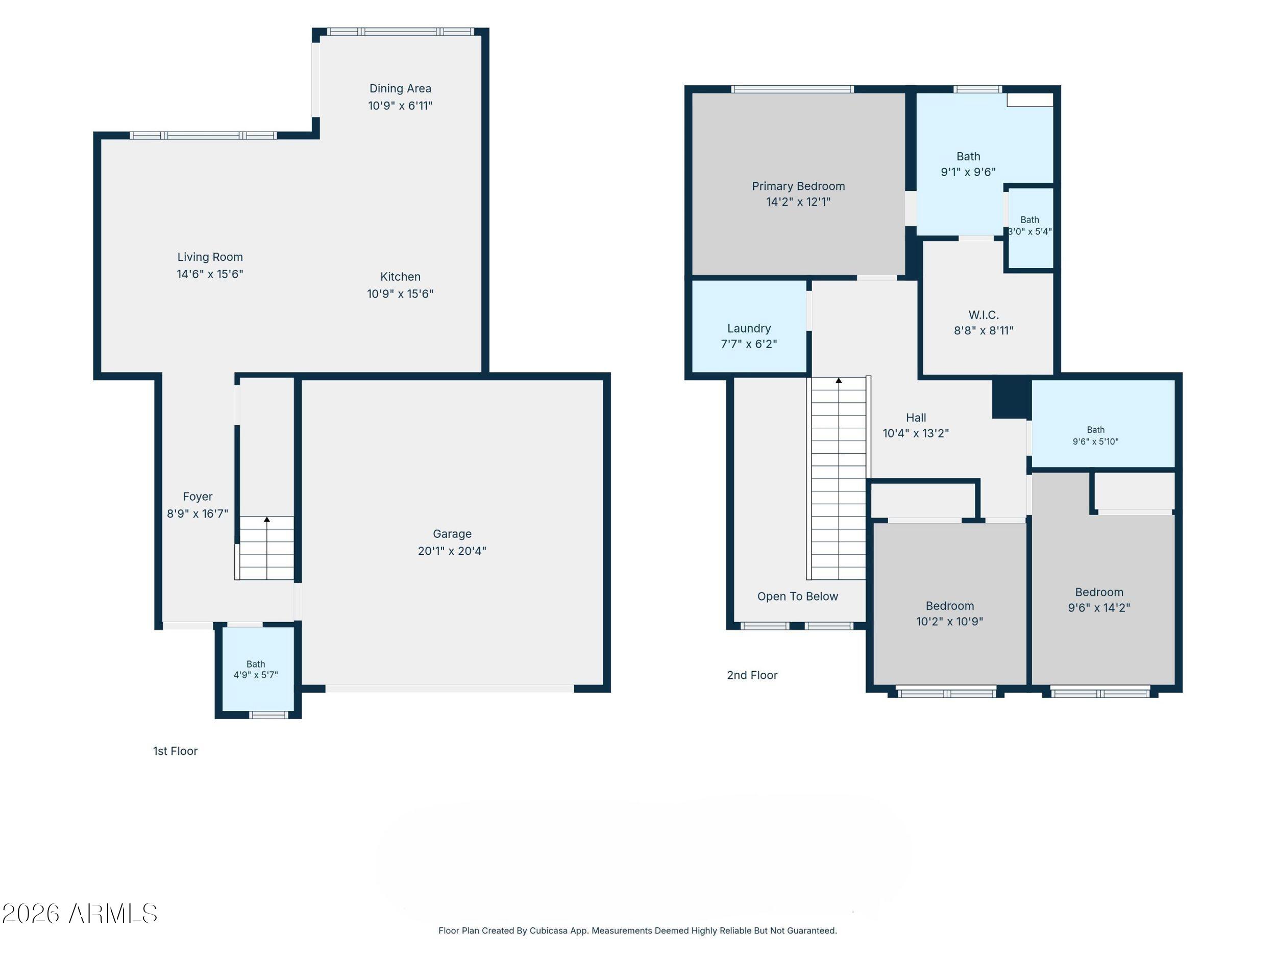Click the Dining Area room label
click(x=400, y=88)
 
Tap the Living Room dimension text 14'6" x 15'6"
click(x=210, y=274)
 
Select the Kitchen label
click(x=400, y=277)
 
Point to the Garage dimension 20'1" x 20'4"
click(x=452, y=551)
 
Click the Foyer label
click(x=198, y=497)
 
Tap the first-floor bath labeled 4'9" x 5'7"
click(x=256, y=669)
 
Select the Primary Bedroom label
click(x=798, y=186)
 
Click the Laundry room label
click(x=749, y=328)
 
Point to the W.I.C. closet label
click(x=984, y=315)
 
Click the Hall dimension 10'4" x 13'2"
click(x=916, y=433)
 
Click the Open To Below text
click(x=797, y=597)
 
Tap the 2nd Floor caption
click(x=752, y=675)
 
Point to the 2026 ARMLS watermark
click(x=80, y=914)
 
